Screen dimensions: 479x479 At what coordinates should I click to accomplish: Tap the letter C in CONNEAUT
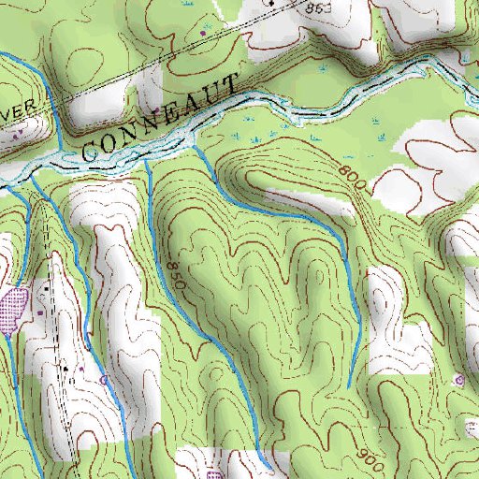coord(92,148)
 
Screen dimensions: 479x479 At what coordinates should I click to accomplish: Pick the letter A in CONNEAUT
coord(195,105)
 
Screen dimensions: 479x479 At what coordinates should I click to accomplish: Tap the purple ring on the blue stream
coord(104,380)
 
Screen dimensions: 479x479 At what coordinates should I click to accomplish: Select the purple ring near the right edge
coord(459,379)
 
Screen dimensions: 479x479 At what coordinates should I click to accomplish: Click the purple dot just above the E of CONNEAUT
coord(167,97)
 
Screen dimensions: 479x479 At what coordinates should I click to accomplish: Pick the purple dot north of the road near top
coord(203,35)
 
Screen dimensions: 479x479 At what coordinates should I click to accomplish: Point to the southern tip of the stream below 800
coord(348,386)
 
